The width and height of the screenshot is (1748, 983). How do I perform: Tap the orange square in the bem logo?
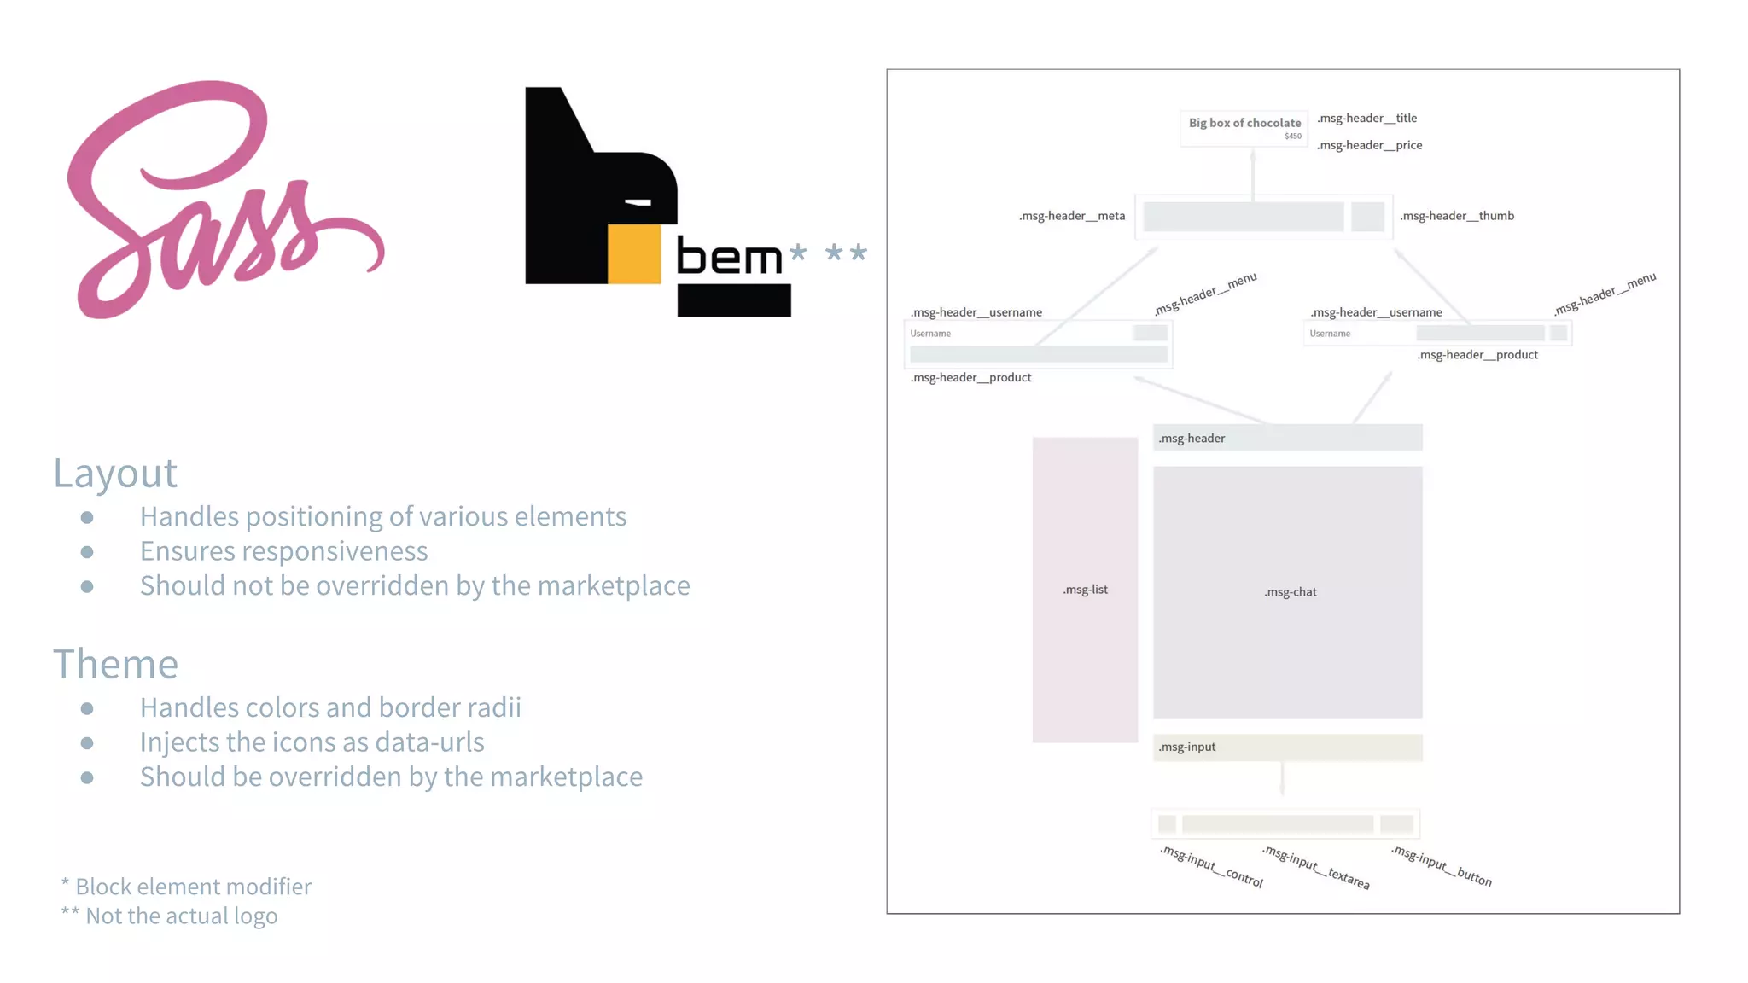[634, 253]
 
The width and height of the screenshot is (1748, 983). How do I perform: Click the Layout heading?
[115, 473]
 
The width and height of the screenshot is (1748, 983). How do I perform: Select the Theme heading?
[115, 664]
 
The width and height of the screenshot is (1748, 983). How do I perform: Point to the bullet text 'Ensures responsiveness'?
[283, 551]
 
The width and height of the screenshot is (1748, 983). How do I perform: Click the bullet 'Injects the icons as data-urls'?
[312, 742]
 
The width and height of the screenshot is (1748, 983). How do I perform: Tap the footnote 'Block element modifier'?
[193, 887]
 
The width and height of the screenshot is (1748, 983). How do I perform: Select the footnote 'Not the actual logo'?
[181, 916]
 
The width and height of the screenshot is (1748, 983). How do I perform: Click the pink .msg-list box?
[1085, 590]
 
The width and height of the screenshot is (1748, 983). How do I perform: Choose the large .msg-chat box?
[1287, 592]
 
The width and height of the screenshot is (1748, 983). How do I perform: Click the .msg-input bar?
[1287, 747]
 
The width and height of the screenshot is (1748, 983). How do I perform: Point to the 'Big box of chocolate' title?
[1244, 123]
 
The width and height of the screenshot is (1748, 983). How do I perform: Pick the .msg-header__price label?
[1369, 145]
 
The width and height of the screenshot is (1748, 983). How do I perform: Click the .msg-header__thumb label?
[1457, 216]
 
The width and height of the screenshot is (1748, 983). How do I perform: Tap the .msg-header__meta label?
[1072, 216]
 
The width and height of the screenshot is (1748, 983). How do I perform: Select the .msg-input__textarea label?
[1316, 867]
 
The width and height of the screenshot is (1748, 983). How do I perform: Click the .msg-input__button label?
[1442, 866]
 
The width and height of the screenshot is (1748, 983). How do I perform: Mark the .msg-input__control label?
[1211, 866]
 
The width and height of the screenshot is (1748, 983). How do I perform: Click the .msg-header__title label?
[1366, 118]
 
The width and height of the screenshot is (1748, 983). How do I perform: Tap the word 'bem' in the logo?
[729, 258]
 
